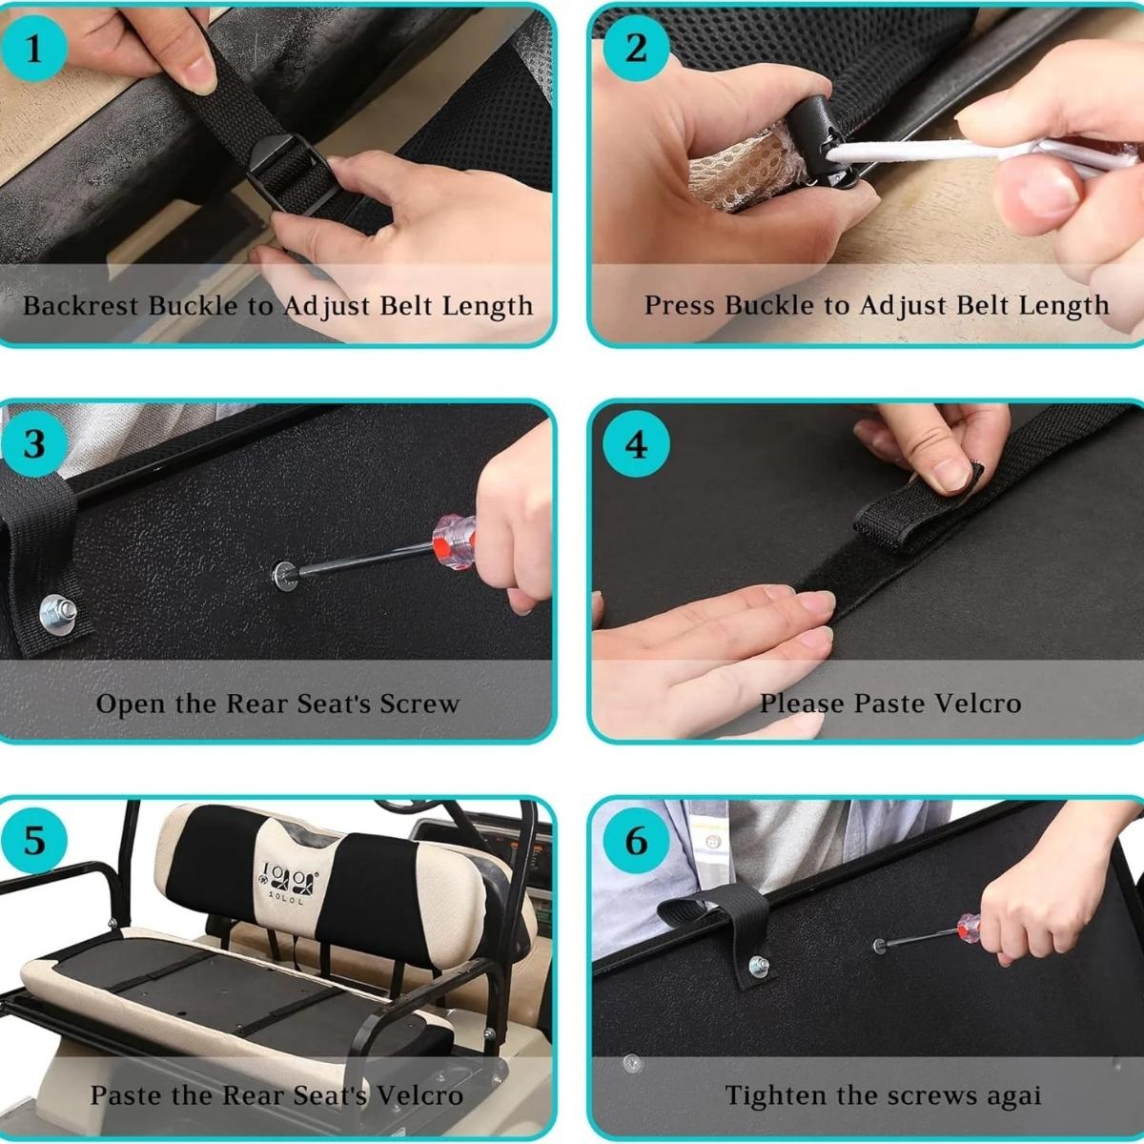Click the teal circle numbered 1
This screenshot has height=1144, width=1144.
click(x=33, y=48)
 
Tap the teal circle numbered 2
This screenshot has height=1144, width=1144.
click(x=636, y=48)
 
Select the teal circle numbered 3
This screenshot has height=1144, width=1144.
click(x=33, y=443)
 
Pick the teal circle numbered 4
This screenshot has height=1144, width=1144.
click(x=636, y=443)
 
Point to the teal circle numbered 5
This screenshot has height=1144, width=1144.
click(x=33, y=841)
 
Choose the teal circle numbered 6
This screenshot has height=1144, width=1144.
click(x=636, y=841)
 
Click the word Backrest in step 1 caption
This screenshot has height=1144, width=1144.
click(x=81, y=306)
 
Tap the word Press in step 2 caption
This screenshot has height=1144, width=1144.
click(x=681, y=305)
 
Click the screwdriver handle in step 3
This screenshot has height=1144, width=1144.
click(x=454, y=542)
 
